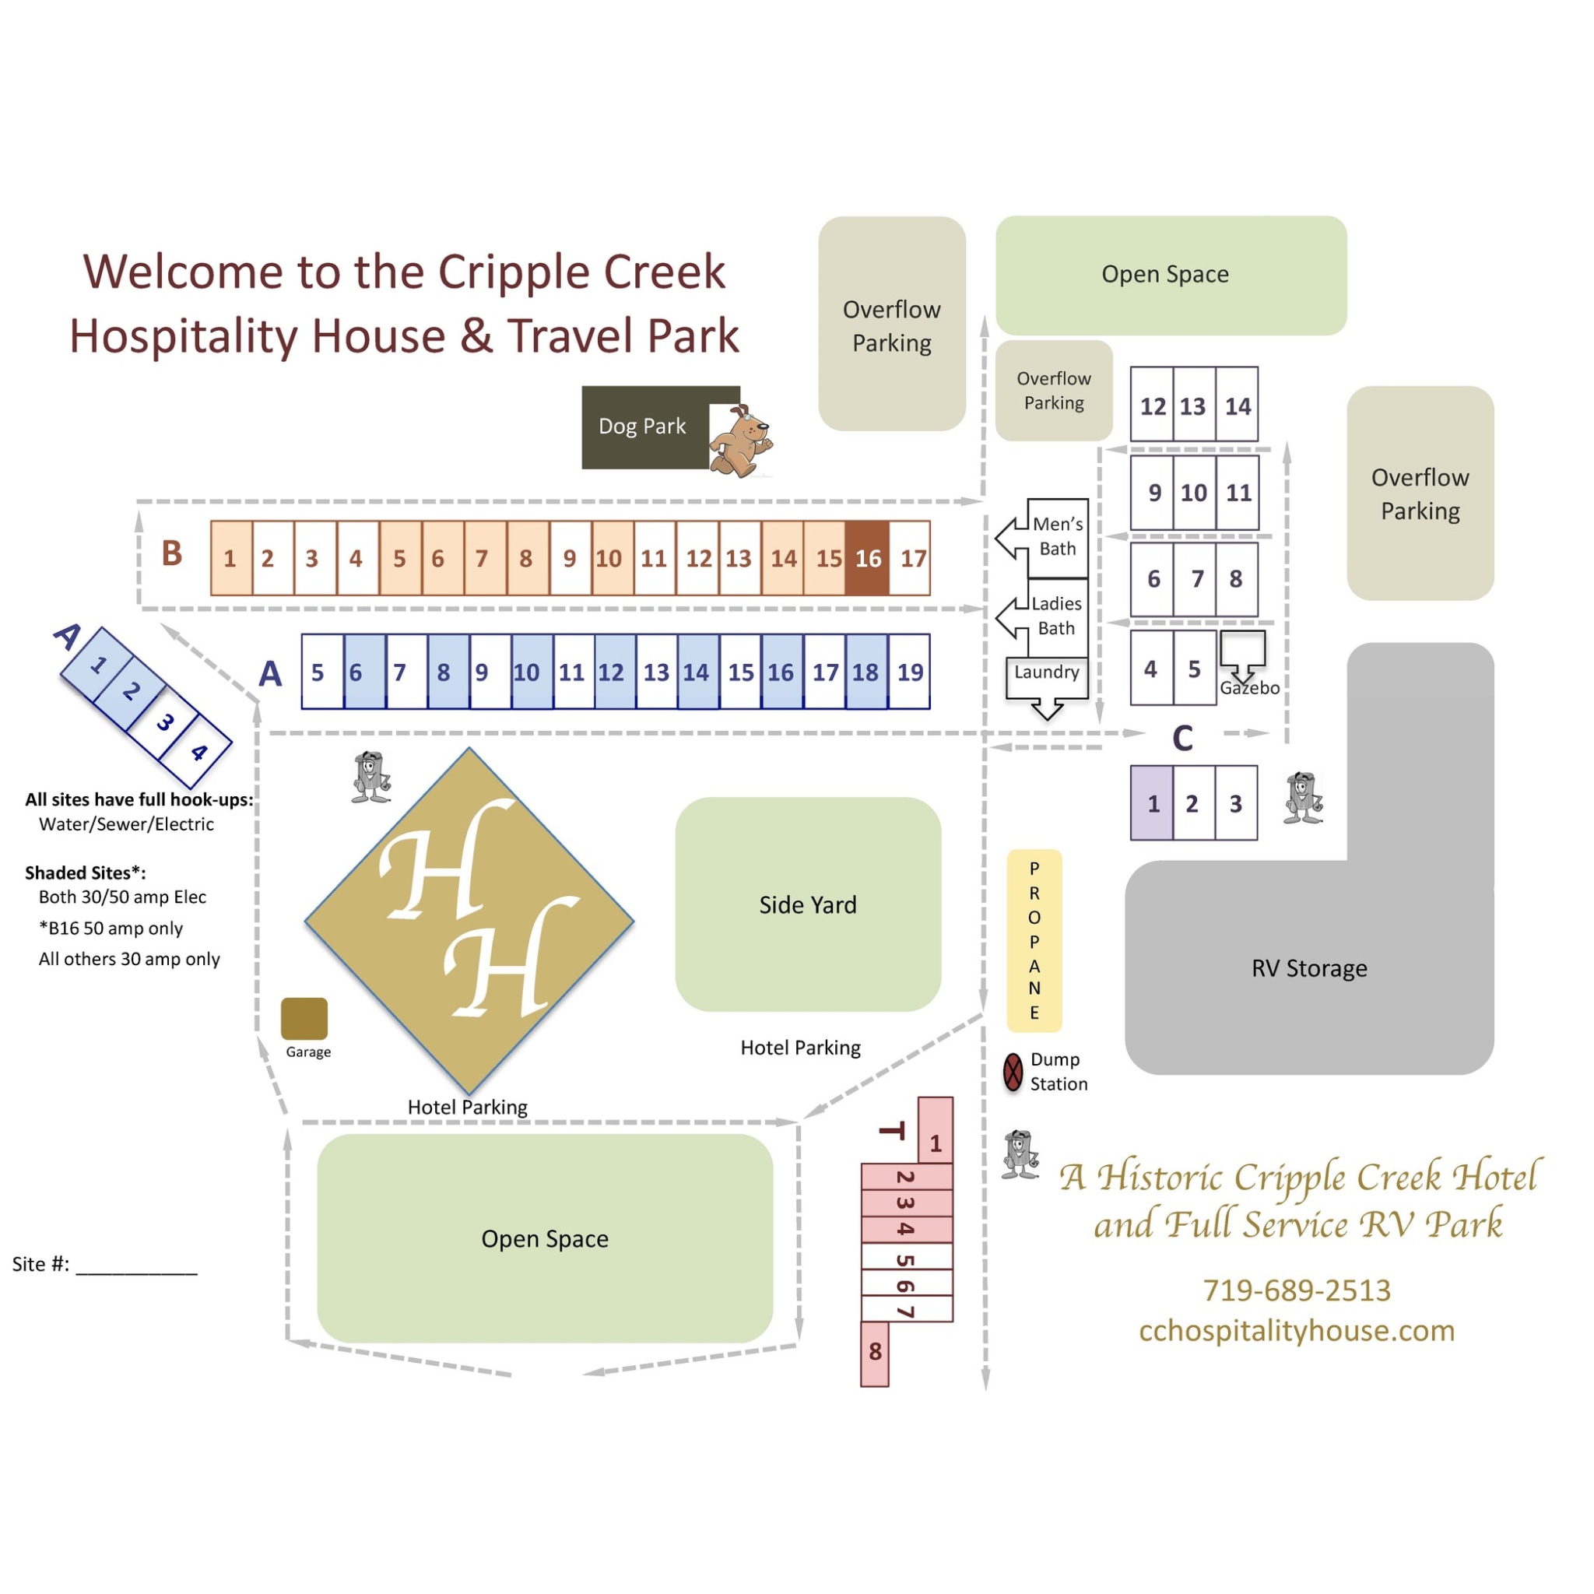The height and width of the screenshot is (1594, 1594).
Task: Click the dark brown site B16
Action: [867, 559]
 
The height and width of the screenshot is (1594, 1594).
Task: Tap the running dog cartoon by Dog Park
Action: [740, 441]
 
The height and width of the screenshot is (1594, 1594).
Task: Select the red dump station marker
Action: [1013, 1072]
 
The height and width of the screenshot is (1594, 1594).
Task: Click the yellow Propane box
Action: [1034, 939]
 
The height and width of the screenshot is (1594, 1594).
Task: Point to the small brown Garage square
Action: [304, 1018]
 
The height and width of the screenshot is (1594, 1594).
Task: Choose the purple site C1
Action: [1152, 802]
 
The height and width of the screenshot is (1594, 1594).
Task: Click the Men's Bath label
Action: [1057, 536]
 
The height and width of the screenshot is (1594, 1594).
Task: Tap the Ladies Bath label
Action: [1056, 616]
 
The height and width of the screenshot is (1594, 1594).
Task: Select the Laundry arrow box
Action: [1046, 673]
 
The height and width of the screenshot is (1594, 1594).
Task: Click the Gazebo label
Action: [1249, 688]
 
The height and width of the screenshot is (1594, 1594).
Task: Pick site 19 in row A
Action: [909, 672]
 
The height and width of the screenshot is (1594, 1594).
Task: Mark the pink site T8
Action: [875, 1352]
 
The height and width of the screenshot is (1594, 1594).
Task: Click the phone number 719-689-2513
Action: [1296, 1290]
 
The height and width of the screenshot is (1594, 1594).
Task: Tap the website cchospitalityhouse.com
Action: [1296, 1331]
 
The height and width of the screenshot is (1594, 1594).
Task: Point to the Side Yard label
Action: [808, 905]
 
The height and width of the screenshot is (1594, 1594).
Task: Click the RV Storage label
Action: [1308, 967]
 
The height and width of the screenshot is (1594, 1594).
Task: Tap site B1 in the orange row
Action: [230, 559]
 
